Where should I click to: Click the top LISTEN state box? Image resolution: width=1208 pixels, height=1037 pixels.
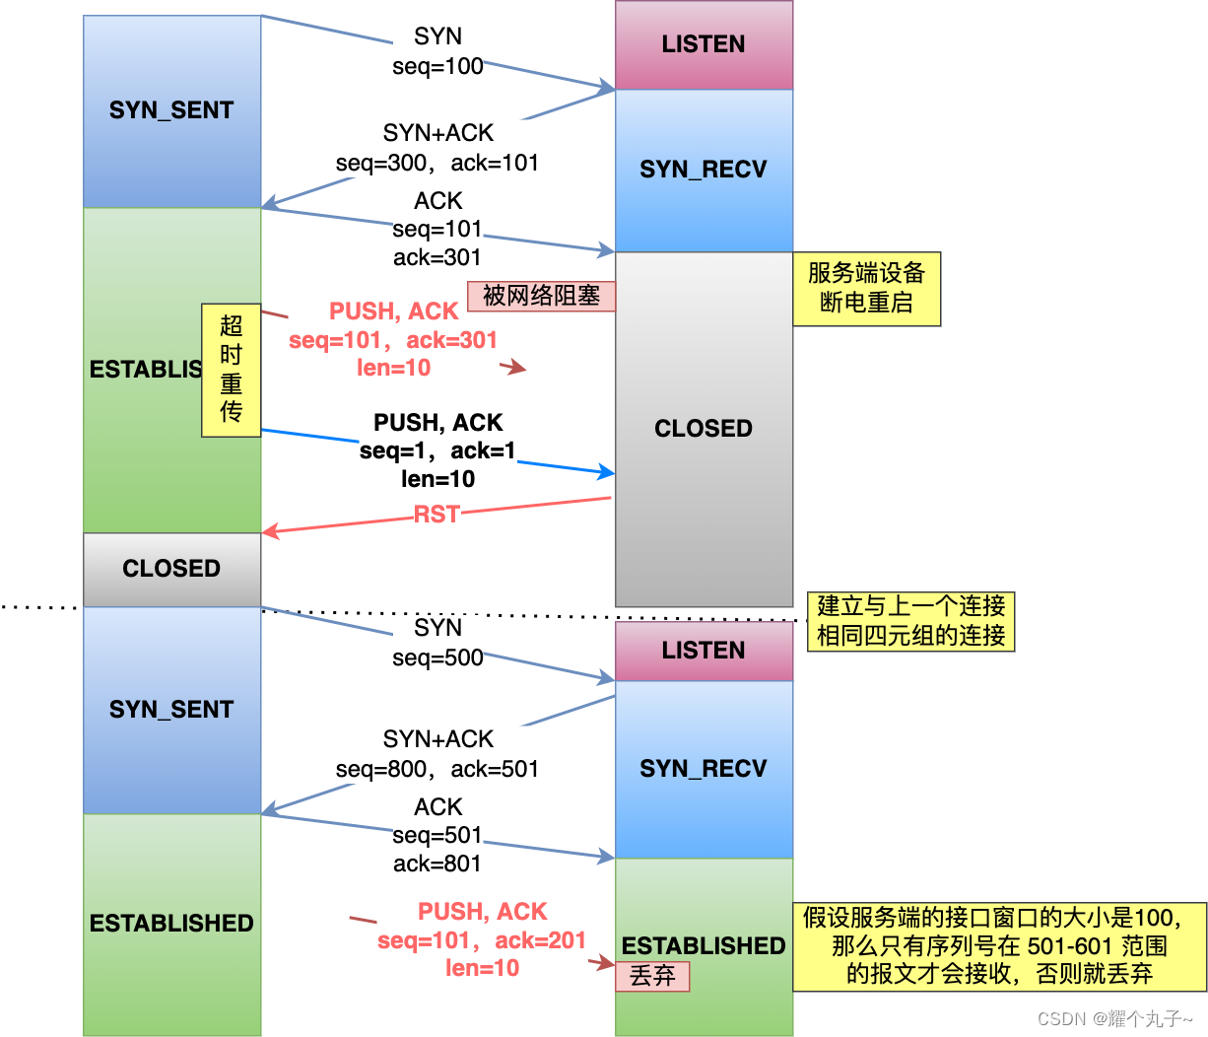pyautogui.click(x=704, y=44)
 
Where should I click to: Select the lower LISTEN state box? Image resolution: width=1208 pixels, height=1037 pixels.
pyautogui.click(x=704, y=651)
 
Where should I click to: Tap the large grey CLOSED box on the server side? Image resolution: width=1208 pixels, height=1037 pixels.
pyautogui.click(x=704, y=429)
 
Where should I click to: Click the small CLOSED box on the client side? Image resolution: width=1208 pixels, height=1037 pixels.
pyautogui.click(x=171, y=569)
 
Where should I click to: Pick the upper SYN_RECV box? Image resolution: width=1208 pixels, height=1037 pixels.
pyautogui.click(x=704, y=170)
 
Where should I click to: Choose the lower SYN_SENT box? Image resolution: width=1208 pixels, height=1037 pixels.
pyautogui.click(x=171, y=710)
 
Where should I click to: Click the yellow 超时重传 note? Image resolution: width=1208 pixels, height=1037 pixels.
pyautogui.click(x=232, y=370)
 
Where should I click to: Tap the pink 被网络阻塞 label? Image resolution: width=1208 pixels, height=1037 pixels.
pyautogui.click(x=541, y=296)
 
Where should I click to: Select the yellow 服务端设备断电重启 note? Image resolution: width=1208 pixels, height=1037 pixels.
pyautogui.click(x=866, y=288)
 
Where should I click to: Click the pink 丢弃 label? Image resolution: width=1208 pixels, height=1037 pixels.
pyautogui.click(x=652, y=976)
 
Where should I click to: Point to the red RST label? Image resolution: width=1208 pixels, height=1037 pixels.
pyautogui.click(x=436, y=515)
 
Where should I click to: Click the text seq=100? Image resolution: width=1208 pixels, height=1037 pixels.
pyautogui.click(x=437, y=66)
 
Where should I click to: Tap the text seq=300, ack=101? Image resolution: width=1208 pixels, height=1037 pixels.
pyautogui.click(x=437, y=163)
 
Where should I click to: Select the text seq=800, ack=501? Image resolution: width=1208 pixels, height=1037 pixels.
pyautogui.click(x=437, y=769)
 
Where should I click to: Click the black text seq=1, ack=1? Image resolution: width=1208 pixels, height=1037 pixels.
pyautogui.click(x=437, y=451)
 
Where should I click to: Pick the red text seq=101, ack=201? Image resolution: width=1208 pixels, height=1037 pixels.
pyautogui.click(x=482, y=940)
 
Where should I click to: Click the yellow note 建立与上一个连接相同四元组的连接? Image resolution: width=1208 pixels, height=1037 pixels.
pyautogui.click(x=910, y=621)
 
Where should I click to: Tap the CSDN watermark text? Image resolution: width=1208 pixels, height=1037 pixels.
pyautogui.click(x=1114, y=1018)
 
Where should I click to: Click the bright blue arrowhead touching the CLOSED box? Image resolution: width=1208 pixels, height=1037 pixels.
pyautogui.click(x=607, y=473)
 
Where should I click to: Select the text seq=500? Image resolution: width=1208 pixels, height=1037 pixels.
pyautogui.click(x=437, y=657)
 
